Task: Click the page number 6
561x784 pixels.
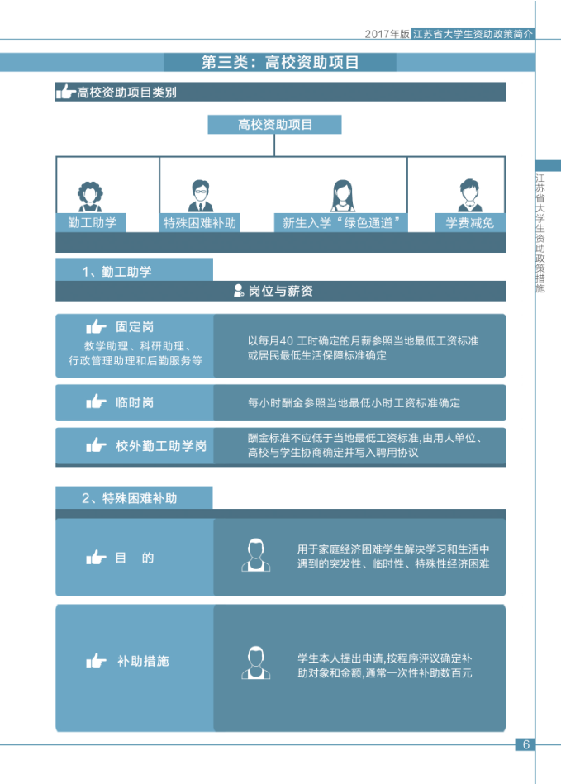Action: pos(525,744)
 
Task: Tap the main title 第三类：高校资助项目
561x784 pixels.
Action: pos(279,63)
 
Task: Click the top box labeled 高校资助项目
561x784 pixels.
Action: pos(274,125)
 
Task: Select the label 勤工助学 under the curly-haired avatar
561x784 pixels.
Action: pos(92,222)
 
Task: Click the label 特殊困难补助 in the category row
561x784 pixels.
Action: pos(200,222)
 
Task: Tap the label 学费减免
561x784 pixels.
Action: pos(469,222)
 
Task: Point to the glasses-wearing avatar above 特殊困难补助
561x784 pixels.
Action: pos(199,196)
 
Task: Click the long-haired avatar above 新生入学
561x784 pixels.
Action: pos(342,196)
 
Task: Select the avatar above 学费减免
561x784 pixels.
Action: pos(469,196)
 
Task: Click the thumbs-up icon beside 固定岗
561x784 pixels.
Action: pos(97,327)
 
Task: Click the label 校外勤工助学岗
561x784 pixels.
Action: pos(161,446)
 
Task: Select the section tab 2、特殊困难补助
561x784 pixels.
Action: pos(130,498)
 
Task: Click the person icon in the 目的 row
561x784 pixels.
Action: pos(256,555)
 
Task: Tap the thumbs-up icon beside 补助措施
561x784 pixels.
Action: pos(97,661)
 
